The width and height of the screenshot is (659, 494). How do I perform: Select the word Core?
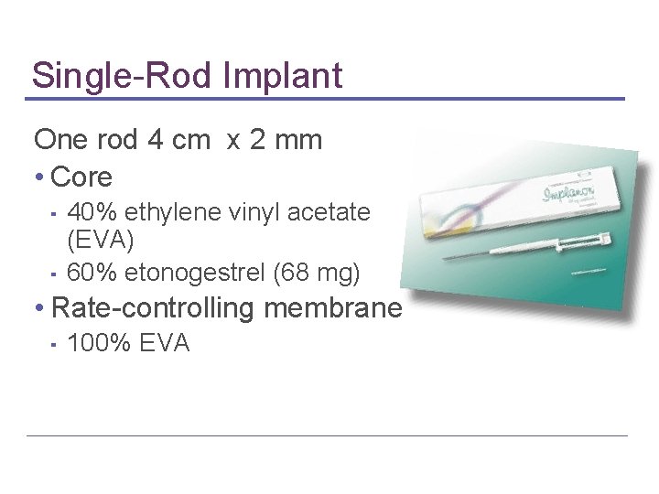click(x=82, y=177)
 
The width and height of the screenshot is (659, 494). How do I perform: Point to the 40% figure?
click(x=92, y=213)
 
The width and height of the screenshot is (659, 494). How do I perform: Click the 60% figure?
click(x=92, y=272)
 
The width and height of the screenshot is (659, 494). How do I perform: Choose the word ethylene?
click(x=168, y=213)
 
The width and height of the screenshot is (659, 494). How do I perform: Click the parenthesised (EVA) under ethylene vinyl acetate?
click(x=101, y=241)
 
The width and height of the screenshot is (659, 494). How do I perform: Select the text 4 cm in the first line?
click(x=173, y=140)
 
